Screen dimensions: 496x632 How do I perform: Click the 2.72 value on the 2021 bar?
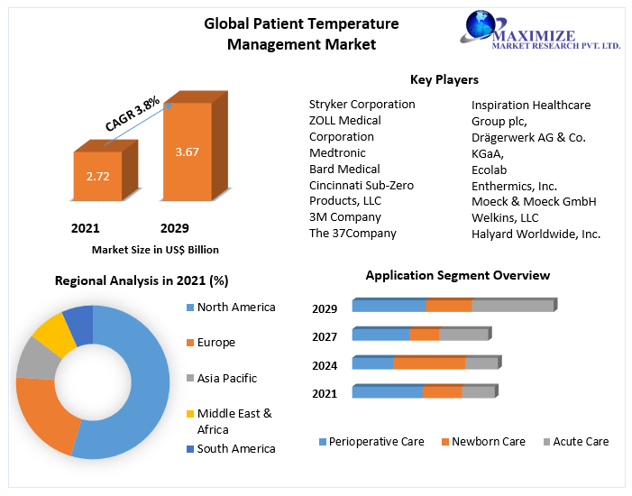point(97,176)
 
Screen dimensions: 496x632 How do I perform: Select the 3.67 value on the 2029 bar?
point(187,152)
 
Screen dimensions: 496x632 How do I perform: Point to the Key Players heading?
point(444,80)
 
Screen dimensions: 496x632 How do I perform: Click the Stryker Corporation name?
point(362,105)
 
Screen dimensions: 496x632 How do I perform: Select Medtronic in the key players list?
point(338,153)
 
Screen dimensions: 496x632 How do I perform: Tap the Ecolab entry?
point(490,170)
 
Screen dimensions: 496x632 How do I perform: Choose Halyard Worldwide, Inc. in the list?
point(536,234)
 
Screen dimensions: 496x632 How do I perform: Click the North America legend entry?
point(235,308)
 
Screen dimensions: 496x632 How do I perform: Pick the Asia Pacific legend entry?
point(226,379)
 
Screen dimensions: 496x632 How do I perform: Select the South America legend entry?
point(235,449)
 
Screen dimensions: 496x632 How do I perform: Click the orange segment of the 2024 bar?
point(429,363)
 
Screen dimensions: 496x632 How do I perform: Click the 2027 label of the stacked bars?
point(325,337)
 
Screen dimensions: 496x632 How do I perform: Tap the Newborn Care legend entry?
point(488,442)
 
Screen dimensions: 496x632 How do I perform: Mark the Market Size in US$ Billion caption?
point(155,250)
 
